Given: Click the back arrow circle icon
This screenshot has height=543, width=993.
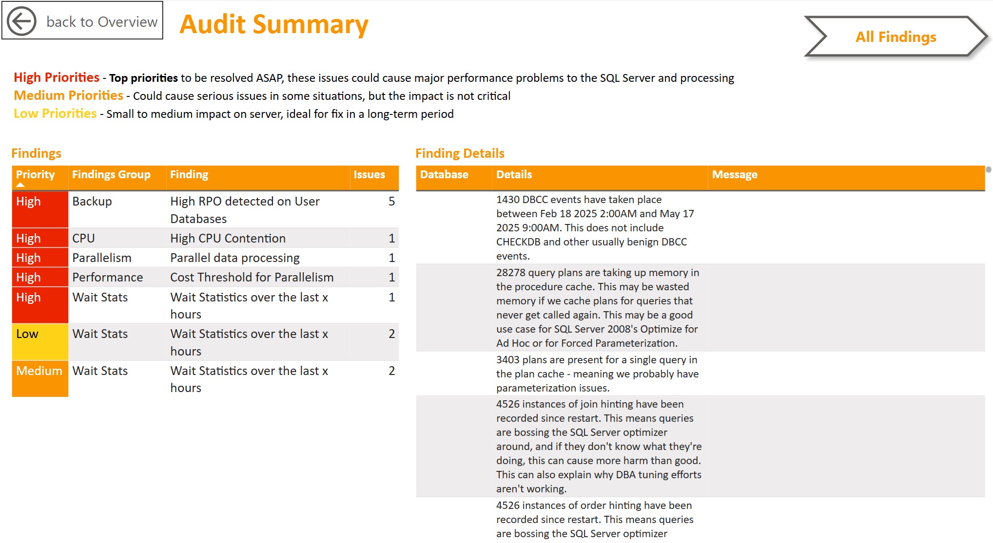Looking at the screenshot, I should coord(22,21).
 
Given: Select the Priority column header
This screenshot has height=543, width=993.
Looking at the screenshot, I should coord(35,175).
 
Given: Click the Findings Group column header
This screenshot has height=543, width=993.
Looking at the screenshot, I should coord(111,175).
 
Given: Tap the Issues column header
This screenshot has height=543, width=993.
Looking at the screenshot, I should coord(369,175).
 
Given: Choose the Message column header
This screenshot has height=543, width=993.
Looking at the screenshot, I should coord(734,175).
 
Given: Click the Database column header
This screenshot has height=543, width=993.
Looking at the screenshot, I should coord(444,175).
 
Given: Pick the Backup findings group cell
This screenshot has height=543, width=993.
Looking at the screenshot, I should coord(92,202).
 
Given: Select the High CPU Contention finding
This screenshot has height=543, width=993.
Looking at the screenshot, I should coord(228,239).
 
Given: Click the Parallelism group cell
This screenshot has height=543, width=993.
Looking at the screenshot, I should coord(101,258).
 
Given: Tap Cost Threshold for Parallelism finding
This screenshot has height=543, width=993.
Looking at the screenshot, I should coord(252,278).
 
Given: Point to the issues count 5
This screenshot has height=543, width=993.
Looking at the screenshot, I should coord(391,202).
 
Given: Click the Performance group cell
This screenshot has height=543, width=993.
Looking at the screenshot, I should coord(107,278).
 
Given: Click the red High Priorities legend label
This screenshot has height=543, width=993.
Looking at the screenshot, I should coord(57,77).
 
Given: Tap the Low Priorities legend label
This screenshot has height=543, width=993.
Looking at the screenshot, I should coord(55,113).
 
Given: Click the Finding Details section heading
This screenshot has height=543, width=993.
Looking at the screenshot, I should coord(459,153).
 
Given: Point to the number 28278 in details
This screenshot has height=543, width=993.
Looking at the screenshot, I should coord(510,273).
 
